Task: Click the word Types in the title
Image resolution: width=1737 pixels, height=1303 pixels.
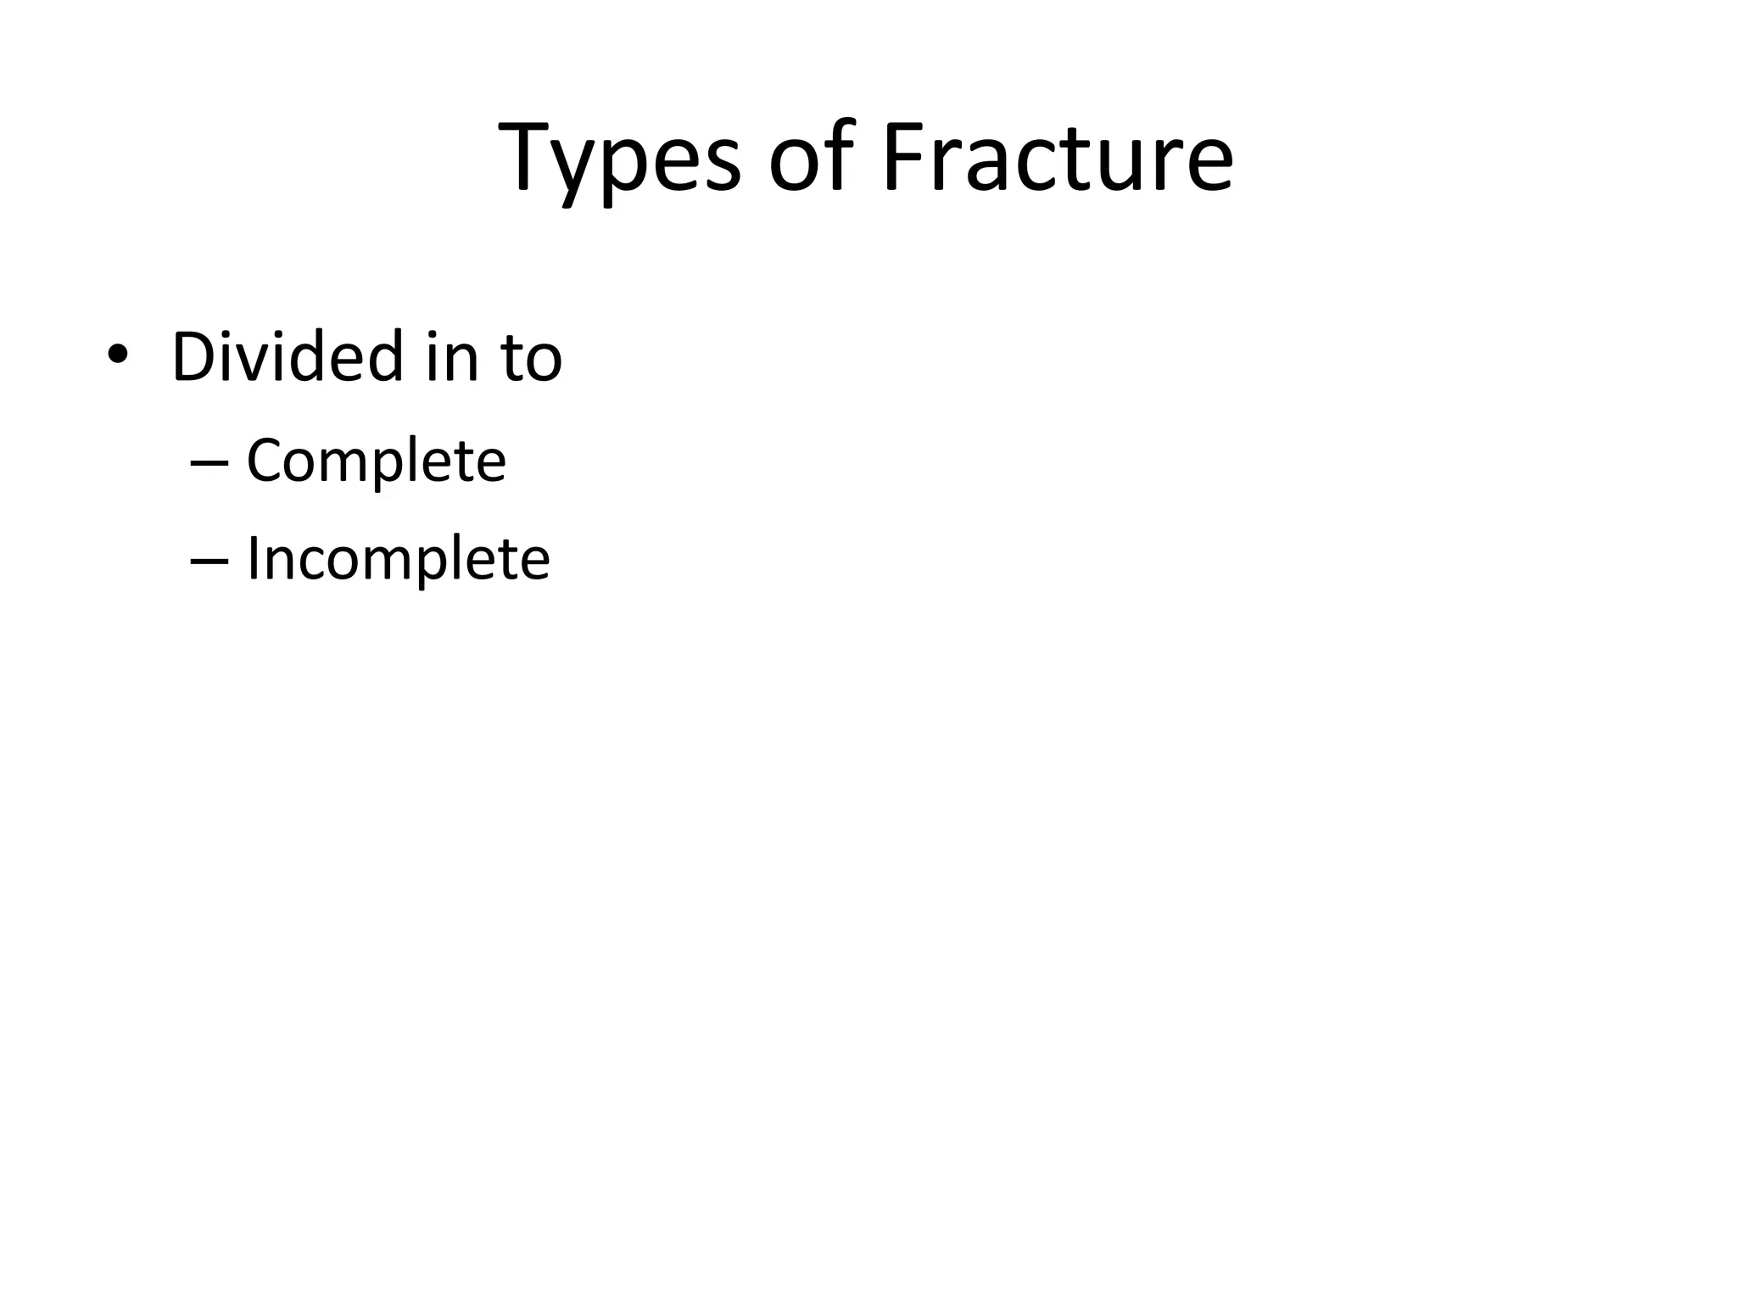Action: coord(619,159)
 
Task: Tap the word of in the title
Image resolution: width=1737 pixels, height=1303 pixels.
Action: coord(811,158)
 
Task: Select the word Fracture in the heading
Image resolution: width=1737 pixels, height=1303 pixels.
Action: coord(1057,158)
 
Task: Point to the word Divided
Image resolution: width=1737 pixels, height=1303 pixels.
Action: coord(287,356)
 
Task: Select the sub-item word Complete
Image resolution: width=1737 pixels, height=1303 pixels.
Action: coord(376,461)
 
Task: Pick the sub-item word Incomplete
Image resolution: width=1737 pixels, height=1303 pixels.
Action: coord(398,560)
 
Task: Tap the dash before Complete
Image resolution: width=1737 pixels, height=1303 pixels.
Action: coord(209,463)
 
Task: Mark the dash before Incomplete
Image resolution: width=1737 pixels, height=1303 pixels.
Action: coord(209,561)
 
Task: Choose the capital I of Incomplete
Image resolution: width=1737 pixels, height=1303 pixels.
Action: coord(252,560)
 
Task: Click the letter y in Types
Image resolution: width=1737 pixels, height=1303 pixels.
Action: coord(585,170)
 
